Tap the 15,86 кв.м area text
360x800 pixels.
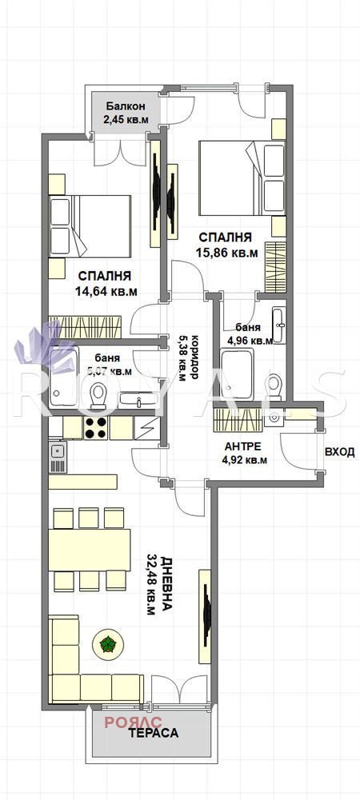227,254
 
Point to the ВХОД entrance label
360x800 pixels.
339,452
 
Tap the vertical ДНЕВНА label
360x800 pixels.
166,583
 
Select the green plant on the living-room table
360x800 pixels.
106,642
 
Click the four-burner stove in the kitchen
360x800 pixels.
97,428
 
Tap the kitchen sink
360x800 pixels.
58,453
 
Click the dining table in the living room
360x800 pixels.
90,549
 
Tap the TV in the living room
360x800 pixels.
206,615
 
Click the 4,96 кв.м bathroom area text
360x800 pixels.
250,340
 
